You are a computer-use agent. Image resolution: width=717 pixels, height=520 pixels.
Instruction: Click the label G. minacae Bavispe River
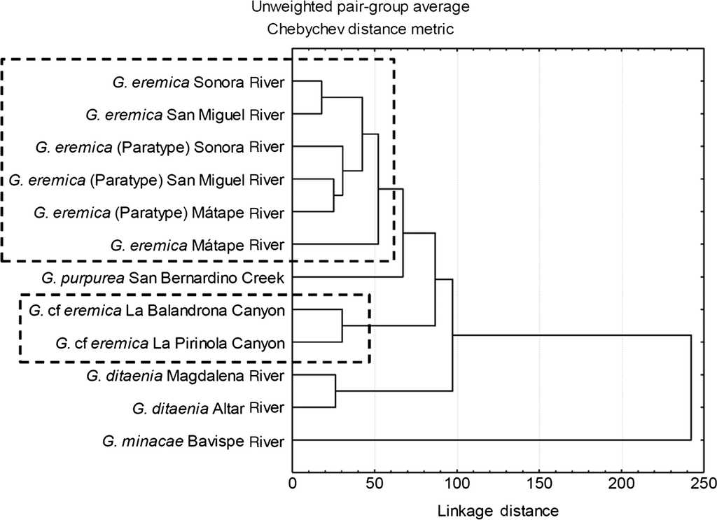tap(193, 441)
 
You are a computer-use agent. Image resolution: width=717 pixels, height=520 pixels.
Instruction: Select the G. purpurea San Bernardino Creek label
tap(163, 278)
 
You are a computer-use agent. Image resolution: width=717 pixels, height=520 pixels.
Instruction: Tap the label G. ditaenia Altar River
tap(208, 408)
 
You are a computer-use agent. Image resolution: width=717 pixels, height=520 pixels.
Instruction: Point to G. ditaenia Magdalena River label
tap(186, 376)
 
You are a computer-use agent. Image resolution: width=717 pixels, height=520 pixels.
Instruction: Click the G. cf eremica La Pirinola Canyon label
tap(169, 343)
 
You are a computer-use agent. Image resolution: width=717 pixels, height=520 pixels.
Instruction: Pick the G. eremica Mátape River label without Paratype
tap(197, 245)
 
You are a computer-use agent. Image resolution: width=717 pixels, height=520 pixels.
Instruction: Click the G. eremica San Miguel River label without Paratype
tap(184, 114)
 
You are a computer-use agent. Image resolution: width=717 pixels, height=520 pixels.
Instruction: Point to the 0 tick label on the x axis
tap(293, 484)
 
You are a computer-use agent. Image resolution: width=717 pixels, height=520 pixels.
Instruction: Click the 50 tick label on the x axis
tap(375, 484)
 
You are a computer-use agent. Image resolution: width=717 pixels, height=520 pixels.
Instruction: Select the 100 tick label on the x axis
tap(457, 484)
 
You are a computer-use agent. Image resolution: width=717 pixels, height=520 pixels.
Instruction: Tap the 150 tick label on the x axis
tap(539, 484)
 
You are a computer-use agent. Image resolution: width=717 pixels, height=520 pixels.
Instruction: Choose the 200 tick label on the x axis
tap(622, 484)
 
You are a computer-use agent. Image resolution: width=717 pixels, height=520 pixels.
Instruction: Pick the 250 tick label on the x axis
tap(703, 484)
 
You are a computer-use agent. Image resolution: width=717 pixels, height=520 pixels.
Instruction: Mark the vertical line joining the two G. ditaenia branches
tap(335, 392)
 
